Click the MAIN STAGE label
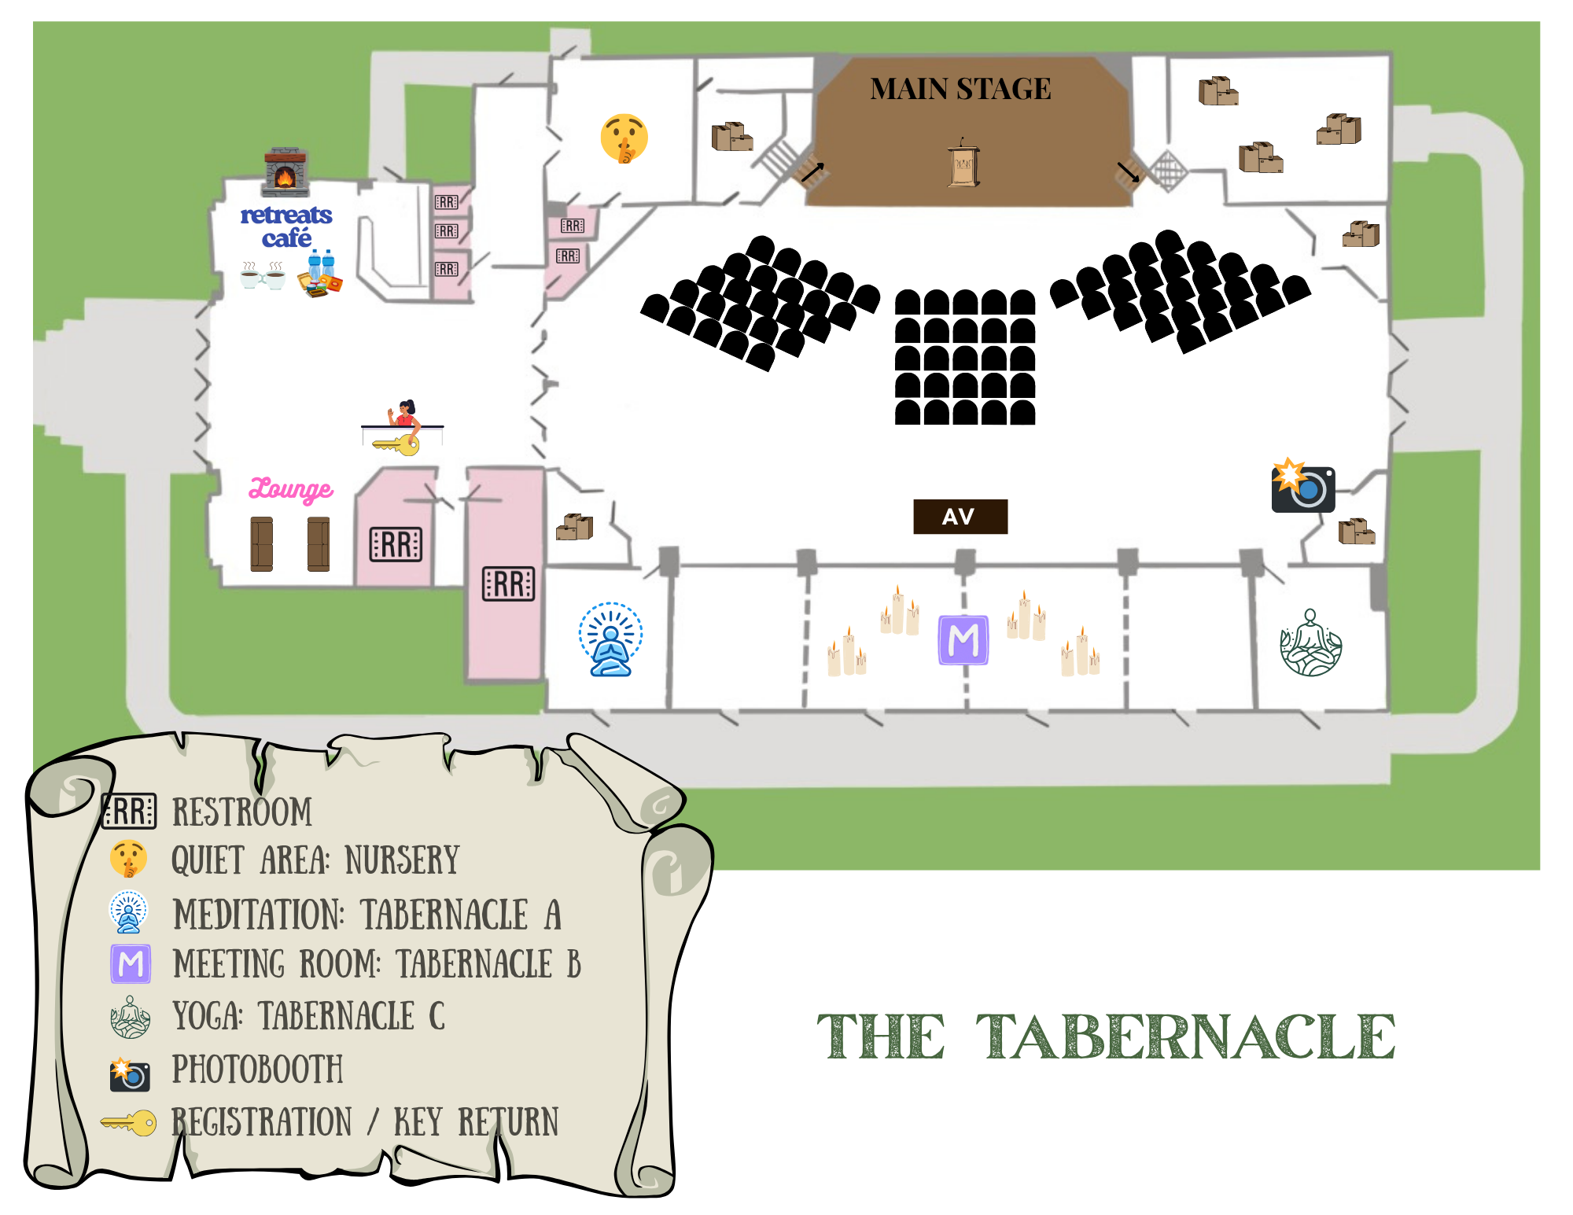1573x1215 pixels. tap(960, 89)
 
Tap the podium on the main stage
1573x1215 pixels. tap(963, 163)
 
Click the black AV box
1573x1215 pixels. tap(960, 517)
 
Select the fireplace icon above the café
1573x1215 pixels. tap(285, 171)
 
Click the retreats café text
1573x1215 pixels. tap(286, 226)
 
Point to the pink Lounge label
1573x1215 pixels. tap(291, 489)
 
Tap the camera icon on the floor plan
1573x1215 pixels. tap(1302, 486)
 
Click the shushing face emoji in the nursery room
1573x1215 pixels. tap(624, 138)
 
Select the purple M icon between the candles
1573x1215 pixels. tap(963, 640)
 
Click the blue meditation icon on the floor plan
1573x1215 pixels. tap(610, 639)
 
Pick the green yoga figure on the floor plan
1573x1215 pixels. tap(1310, 643)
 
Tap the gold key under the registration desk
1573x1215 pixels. tap(397, 445)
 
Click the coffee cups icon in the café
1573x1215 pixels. tap(263, 276)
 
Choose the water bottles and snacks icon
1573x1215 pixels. tap(320, 273)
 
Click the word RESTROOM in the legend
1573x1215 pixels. tap(242, 812)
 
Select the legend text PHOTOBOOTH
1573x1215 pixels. tap(257, 1070)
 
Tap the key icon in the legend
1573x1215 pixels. tap(129, 1122)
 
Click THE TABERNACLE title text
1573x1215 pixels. tap(1106, 1036)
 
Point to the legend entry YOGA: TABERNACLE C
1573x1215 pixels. tap(308, 1016)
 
